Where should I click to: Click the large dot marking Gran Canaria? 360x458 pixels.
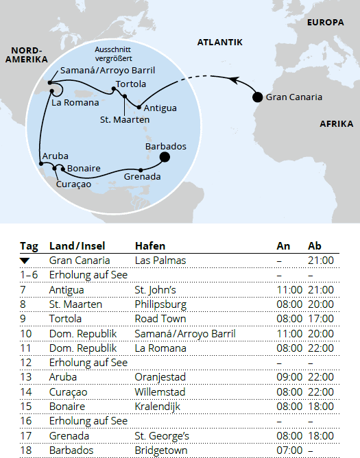click(x=258, y=97)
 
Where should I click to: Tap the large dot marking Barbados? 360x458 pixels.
click(x=165, y=158)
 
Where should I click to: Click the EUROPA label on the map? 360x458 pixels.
click(x=324, y=23)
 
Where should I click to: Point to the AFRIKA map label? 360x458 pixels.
click(x=336, y=124)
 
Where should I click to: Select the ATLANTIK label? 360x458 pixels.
click(x=220, y=43)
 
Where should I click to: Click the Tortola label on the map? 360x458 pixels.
click(x=131, y=84)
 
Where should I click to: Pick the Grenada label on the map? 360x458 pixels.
click(x=143, y=177)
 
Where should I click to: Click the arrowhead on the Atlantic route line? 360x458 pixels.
click(x=235, y=81)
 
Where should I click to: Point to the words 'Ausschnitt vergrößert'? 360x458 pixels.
click(x=114, y=55)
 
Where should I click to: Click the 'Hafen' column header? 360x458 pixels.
click(x=150, y=246)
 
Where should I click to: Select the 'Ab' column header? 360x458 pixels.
click(x=315, y=246)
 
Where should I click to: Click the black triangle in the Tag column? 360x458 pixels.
click(x=25, y=261)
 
